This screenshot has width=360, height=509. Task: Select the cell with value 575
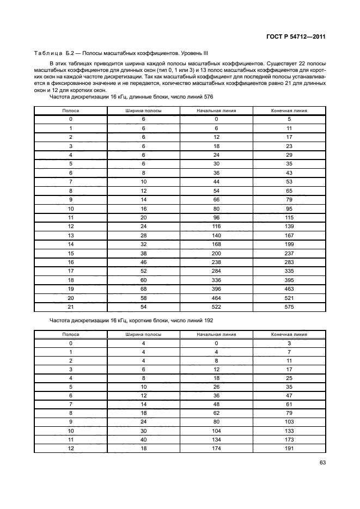[x=289, y=307]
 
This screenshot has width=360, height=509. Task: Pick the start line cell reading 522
[x=216, y=307]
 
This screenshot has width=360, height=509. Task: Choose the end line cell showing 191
[x=289, y=449]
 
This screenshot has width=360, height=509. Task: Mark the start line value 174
[x=216, y=449]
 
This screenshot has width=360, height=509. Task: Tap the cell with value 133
[x=289, y=431]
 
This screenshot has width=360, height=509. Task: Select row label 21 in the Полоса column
[x=71, y=307]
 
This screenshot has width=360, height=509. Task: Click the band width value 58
[x=144, y=298]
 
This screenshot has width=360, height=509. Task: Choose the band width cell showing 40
[x=144, y=440]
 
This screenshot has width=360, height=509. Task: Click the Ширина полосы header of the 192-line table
[x=144, y=334]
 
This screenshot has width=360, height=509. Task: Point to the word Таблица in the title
[x=47, y=54]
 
